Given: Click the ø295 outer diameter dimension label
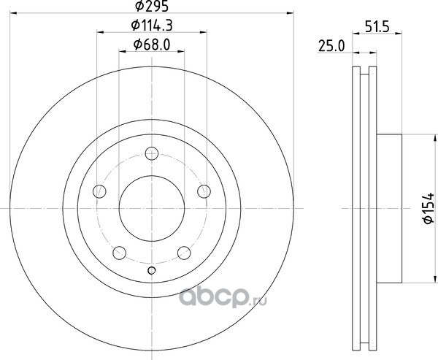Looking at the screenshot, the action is click(x=152, y=6).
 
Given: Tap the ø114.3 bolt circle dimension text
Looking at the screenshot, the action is click(x=152, y=26).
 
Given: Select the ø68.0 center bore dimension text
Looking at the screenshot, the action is click(x=152, y=45).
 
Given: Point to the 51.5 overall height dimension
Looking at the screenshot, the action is click(x=377, y=27).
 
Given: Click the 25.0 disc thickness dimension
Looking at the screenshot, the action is click(x=331, y=46).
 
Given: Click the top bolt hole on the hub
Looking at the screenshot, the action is click(x=152, y=153).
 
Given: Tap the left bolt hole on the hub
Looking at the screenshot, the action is click(x=99, y=191).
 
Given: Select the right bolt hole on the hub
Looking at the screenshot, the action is click(x=204, y=191).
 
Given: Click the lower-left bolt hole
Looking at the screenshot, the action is click(x=119, y=253).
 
